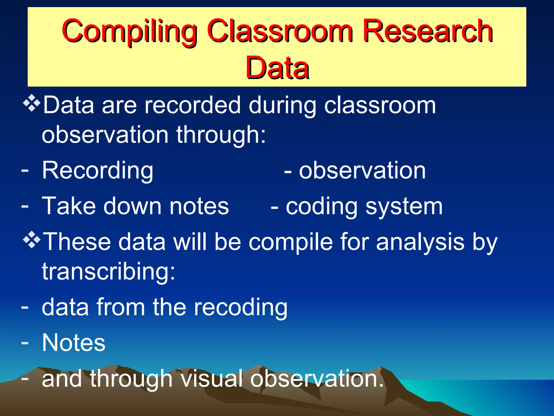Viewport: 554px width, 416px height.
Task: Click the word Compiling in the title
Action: [x=129, y=32]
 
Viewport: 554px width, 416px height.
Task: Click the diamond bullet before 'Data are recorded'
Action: [x=32, y=103]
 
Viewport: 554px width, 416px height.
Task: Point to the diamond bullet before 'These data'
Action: [x=32, y=240]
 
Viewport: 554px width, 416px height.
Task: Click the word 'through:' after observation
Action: [x=221, y=135]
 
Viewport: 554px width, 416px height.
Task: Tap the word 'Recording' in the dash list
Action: [x=98, y=171]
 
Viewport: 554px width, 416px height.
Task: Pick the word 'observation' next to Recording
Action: [x=362, y=171]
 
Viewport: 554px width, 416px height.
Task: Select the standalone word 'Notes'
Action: [x=74, y=343]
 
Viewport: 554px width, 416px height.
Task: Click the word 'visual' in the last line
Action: [x=211, y=379]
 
